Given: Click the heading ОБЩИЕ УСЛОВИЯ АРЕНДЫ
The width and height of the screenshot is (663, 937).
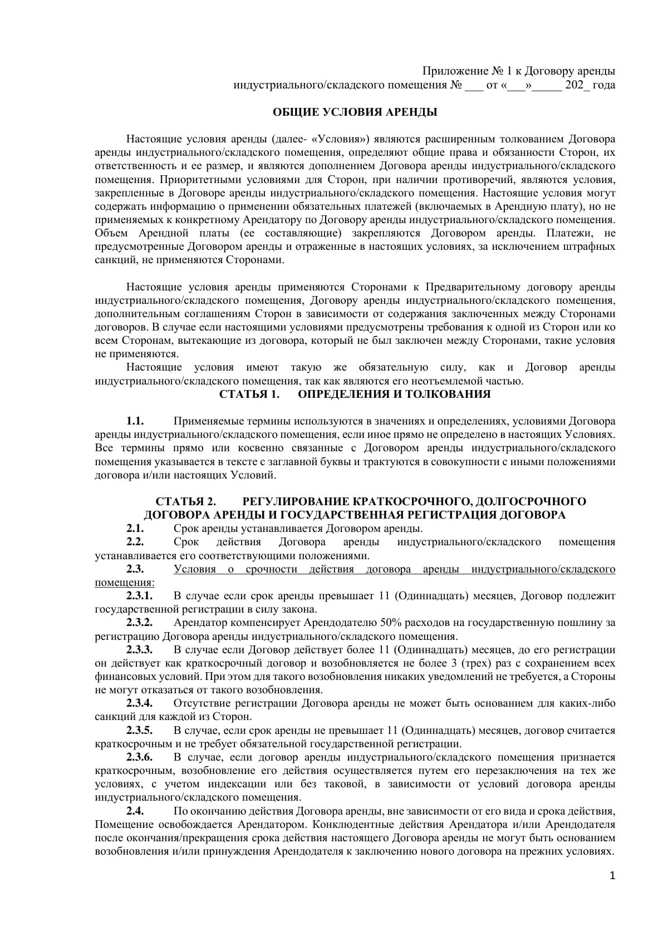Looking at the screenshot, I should pyautogui.click(x=355, y=112).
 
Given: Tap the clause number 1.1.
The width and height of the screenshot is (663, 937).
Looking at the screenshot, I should pyautogui.click(x=135, y=421).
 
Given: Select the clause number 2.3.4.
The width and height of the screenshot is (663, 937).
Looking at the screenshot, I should pyautogui.click(x=139, y=703).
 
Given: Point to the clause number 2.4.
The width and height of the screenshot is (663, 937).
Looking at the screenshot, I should pyautogui.click(x=135, y=811).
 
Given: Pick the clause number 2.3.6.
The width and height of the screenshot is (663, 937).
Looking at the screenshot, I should pyautogui.click(x=139, y=757).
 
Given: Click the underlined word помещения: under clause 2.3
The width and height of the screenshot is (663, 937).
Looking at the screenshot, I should pyautogui.click(x=125, y=583).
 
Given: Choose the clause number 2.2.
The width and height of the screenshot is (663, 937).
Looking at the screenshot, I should pyautogui.click(x=135, y=542).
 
